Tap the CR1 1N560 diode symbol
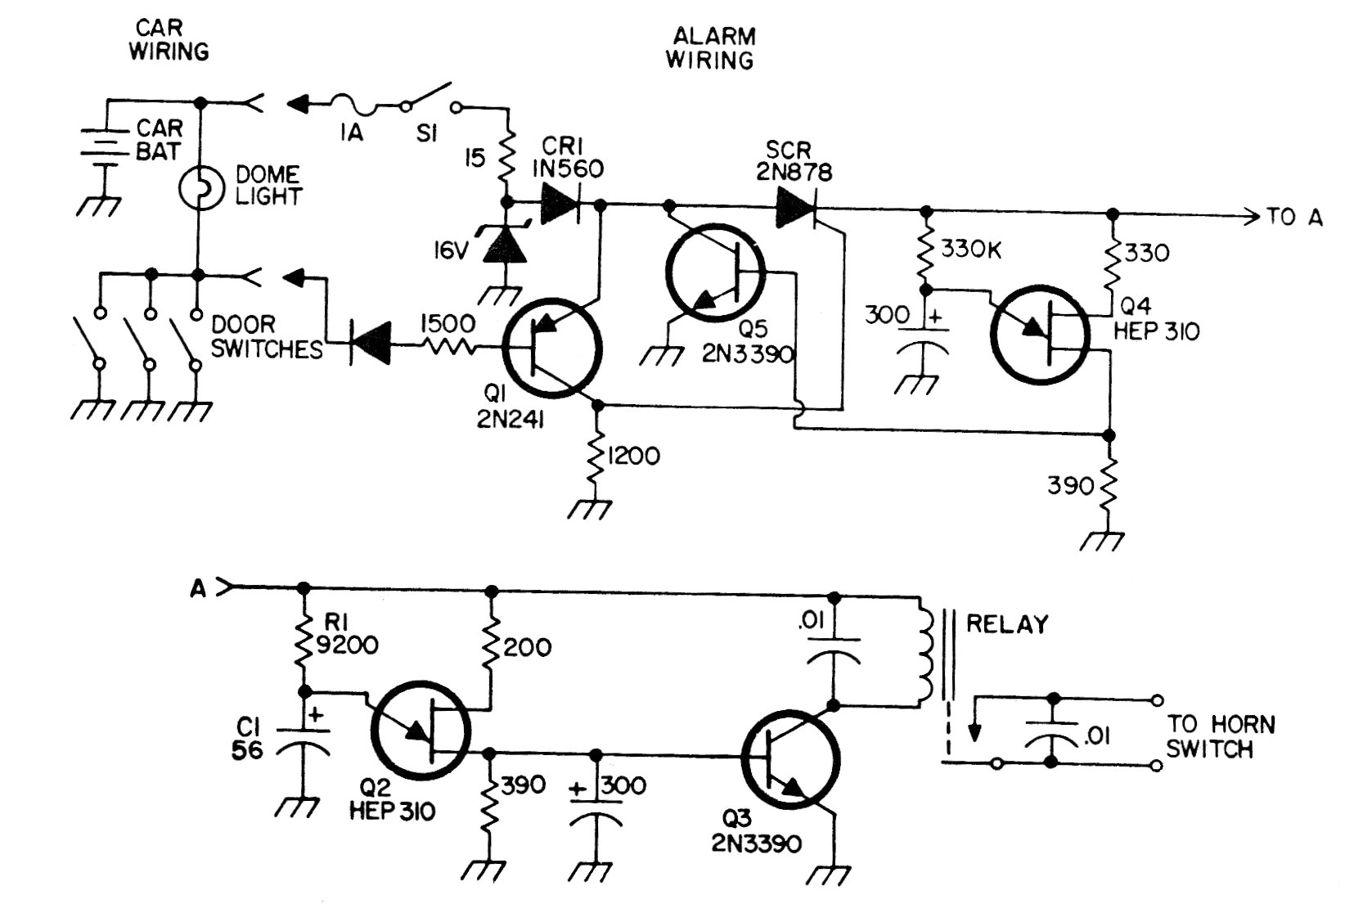pyautogui.click(x=560, y=205)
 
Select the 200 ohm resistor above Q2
pyautogui.click(x=491, y=646)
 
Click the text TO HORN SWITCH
pyautogui.click(x=1220, y=736)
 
